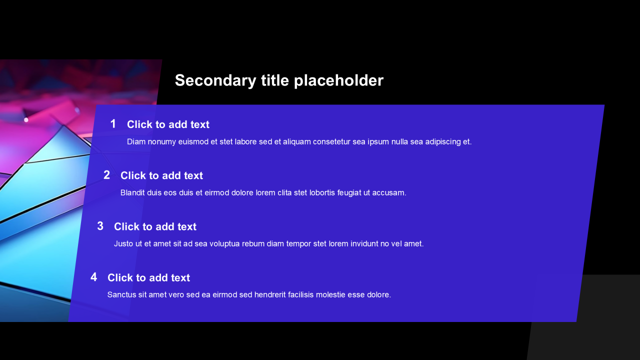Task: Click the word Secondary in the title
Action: [x=215, y=81]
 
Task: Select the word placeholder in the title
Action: [x=338, y=80]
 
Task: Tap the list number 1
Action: [x=113, y=124]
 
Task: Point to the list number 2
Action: [x=106, y=175]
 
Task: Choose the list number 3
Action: [x=100, y=226]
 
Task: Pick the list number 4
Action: [x=93, y=277]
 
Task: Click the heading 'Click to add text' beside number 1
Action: [x=168, y=124]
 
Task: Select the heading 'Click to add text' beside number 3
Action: [x=155, y=227]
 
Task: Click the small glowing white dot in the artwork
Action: [x=26, y=120]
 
